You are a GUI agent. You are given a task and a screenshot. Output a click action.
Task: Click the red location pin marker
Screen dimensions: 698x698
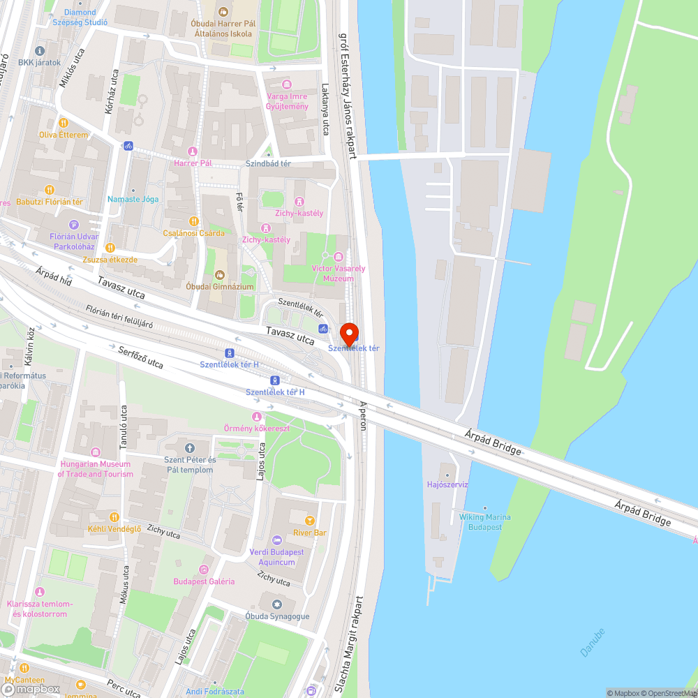[x=348, y=332]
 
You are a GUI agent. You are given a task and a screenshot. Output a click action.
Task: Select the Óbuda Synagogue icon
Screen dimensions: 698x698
[x=277, y=604]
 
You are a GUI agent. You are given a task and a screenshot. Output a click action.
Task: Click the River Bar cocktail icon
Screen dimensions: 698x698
[x=311, y=520]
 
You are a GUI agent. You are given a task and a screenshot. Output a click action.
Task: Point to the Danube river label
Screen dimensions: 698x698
[x=593, y=642]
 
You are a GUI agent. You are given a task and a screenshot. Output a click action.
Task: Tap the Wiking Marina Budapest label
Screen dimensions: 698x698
[x=484, y=522]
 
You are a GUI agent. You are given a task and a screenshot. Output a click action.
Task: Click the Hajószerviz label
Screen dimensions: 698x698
[x=447, y=484]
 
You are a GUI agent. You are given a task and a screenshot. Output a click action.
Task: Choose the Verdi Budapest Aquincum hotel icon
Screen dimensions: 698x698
[x=277, y=540]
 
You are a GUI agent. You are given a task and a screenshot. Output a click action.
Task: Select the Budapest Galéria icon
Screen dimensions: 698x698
[x=204, y=570]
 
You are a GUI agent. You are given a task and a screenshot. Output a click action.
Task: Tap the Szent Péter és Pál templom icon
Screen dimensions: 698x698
[x=189, y=447]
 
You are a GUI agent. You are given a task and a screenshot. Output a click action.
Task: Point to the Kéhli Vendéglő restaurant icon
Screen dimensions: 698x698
[x=114, y=517]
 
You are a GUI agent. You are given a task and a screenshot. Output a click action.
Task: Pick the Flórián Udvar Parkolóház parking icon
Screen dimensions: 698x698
[x=75, y=224]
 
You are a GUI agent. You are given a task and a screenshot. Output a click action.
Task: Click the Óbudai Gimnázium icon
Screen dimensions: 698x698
[x=220, y=274]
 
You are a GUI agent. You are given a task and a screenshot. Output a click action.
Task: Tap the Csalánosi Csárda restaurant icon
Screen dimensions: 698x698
[x=194, y=221]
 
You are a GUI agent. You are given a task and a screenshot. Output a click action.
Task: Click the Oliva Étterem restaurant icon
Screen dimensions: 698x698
[x=64, y=123]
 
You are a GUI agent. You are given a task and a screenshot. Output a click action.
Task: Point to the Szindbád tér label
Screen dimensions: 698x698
[x=268, y=163]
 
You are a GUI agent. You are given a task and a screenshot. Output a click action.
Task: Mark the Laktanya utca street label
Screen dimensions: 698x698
[x=325, y=110]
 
